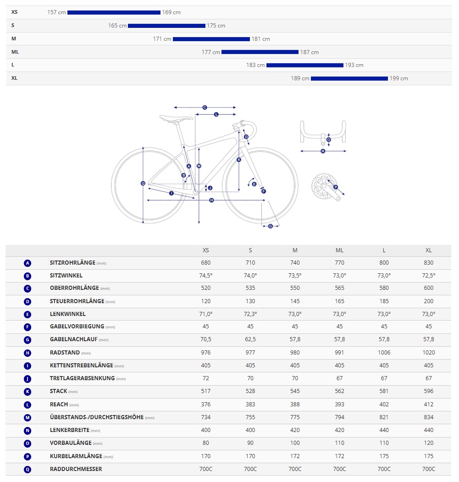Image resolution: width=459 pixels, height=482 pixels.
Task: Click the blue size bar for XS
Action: tap(114, 12)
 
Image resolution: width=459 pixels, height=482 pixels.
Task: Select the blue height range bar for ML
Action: tap(260, 52)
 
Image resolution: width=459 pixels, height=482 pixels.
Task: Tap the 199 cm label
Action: tap(399, 78)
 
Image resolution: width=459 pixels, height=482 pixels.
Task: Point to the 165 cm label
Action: tap(117, 26)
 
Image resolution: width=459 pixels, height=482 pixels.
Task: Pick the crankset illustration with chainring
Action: tap(326, 186)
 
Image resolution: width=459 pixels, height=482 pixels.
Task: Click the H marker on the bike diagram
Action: tap(211, 200)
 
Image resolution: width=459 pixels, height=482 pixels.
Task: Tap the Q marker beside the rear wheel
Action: tap(143, 183)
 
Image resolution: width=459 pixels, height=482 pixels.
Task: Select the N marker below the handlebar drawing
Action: tap(323, 151)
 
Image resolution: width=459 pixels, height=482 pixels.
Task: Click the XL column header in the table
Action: tap(428, 250)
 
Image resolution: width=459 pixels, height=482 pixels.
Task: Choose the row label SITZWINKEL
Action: tap(66, 276)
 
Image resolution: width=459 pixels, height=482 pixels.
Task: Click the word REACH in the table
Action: tap(59, 404)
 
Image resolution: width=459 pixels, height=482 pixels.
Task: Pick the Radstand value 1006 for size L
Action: tap(384, 353)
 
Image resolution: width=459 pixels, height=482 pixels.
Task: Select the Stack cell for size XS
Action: tap(206, 391)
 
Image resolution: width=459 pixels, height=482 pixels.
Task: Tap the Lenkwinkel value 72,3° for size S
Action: tap(250, 314)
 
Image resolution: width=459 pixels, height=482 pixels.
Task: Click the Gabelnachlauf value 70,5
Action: tap(206, 340)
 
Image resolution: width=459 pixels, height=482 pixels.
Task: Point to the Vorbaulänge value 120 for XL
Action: tap(428, 443)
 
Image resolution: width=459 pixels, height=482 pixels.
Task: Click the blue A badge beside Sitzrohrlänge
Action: tap(28, 263)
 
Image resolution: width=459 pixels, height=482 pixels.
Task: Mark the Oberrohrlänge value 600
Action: tap(428, 288)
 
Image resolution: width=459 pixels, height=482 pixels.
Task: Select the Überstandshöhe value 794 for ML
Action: tap(339, 417)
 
